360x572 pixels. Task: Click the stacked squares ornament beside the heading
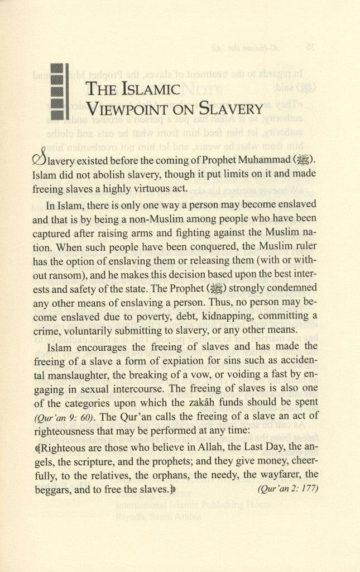click(58, 92)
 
